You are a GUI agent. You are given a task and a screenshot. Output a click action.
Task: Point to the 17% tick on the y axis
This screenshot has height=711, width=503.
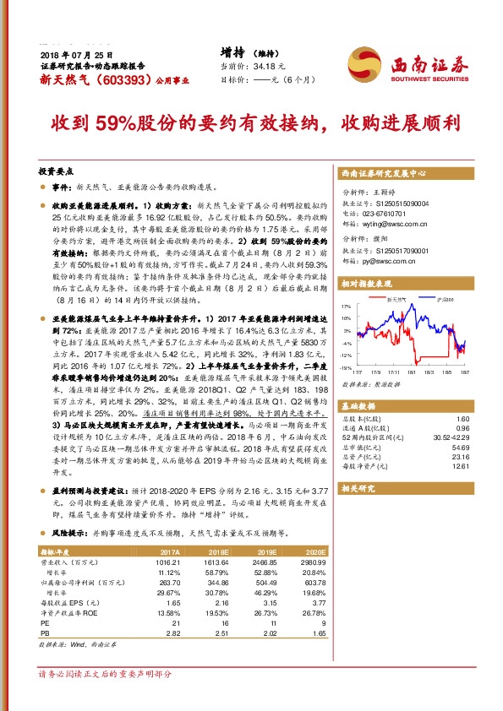[346, 306]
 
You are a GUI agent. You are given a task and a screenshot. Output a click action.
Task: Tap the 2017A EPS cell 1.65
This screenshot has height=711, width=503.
[173, 603]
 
